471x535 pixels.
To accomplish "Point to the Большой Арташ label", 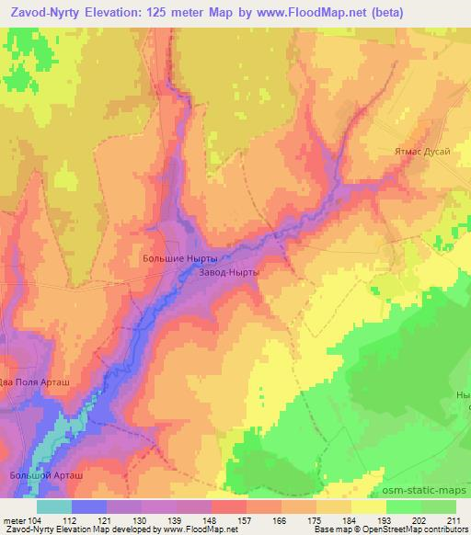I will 64,475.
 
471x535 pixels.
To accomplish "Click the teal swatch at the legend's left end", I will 54,507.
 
